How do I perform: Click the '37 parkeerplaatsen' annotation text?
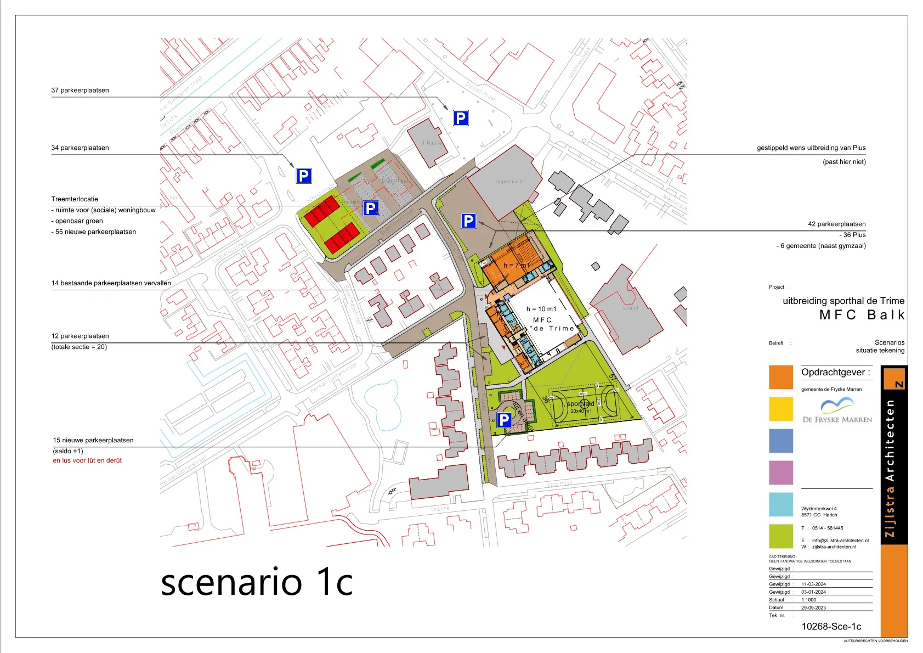[80, 91]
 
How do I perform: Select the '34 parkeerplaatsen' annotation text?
[80, 148]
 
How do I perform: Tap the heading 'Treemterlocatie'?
[75, 199]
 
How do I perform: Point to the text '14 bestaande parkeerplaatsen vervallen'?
[111, 284]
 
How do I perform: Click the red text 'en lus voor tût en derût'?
[87, 461]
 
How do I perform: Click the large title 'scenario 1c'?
[257, 583]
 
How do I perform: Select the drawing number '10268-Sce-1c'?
[831, 627]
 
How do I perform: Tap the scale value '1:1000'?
[808, 600]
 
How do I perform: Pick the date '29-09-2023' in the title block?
[813, 608]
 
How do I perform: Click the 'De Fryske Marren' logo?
[837, 412]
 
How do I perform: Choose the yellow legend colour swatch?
[781, 409]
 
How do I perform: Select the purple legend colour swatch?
[781, 473]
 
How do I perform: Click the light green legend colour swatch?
[781, 537]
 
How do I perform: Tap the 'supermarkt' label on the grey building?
[510, 182]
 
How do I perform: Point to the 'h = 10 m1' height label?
[541, 309]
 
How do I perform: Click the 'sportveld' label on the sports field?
[580, 404]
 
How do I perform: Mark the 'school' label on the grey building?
[630, 308]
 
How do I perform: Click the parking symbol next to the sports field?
[504, 420]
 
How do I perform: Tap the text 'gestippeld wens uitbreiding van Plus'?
[811, 148]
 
